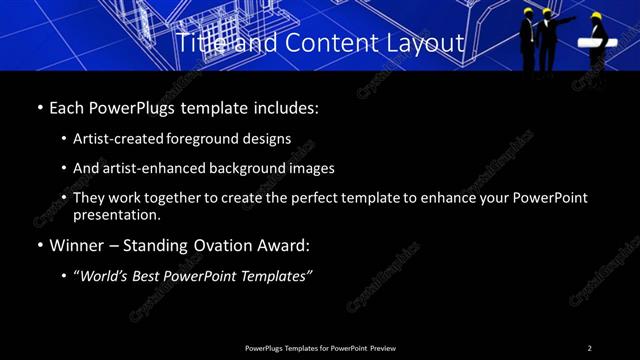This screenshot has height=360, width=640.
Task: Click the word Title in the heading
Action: coord(199,43)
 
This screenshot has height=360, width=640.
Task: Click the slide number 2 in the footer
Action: coord(589,348)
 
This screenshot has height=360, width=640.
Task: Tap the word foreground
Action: coord(223,138)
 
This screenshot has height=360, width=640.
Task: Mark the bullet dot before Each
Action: coord(39,107)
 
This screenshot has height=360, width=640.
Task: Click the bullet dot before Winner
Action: coord(39,245)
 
